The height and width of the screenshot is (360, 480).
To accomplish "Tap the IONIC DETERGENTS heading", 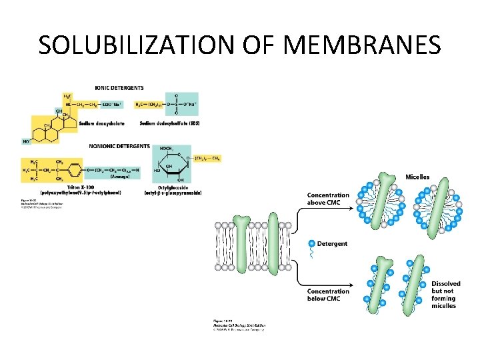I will coord(119,88).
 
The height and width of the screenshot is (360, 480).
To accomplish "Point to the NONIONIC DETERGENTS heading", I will coord(119,146).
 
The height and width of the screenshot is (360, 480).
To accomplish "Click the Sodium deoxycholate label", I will coord(101,123).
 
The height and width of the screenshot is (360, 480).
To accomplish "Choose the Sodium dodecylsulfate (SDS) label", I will coord(170,123).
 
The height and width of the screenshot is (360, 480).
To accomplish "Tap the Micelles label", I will coord(417,177).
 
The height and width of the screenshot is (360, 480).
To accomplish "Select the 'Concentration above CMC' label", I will coord(327,199).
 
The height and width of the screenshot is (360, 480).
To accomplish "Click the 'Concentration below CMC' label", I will coord(327,295).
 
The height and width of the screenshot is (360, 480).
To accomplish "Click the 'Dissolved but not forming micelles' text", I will coord(445,295).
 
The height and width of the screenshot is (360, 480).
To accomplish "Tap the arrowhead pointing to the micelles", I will coord(351,207).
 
